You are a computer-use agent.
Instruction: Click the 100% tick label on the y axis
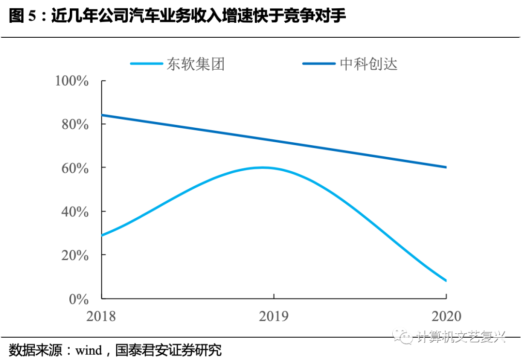(72, 81)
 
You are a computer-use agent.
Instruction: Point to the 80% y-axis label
(75, 124)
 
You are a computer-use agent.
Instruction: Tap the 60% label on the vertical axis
(75, 168)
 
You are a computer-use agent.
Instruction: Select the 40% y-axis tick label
(75, 211)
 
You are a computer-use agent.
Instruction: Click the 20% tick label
(75, 255)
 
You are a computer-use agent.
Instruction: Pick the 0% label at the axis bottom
(79, 299)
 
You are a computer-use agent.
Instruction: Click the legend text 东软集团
(196, 64)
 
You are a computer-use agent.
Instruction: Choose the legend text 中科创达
(369, 64)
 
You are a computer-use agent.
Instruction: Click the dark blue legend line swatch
(319, 64)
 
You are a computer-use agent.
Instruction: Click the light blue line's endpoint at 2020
(446, 281)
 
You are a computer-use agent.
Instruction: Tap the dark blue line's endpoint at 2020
(446, 167)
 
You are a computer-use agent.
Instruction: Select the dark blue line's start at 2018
(102, 115)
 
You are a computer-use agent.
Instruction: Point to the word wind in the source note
(88, 350)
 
